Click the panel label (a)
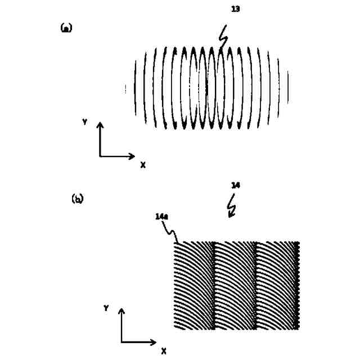point(66,28)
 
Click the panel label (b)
point(77,199)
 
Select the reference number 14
point(235,184)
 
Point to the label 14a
point(160,215)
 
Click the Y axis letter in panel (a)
point(84,121)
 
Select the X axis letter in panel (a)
point(143,165)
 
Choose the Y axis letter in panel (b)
point(106,308)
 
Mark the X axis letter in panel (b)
point(164,351)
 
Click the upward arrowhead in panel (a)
point(100,125)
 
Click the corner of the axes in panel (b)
point(121,342)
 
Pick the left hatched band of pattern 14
point(194,286)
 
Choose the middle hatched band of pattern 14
point(235,286)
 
